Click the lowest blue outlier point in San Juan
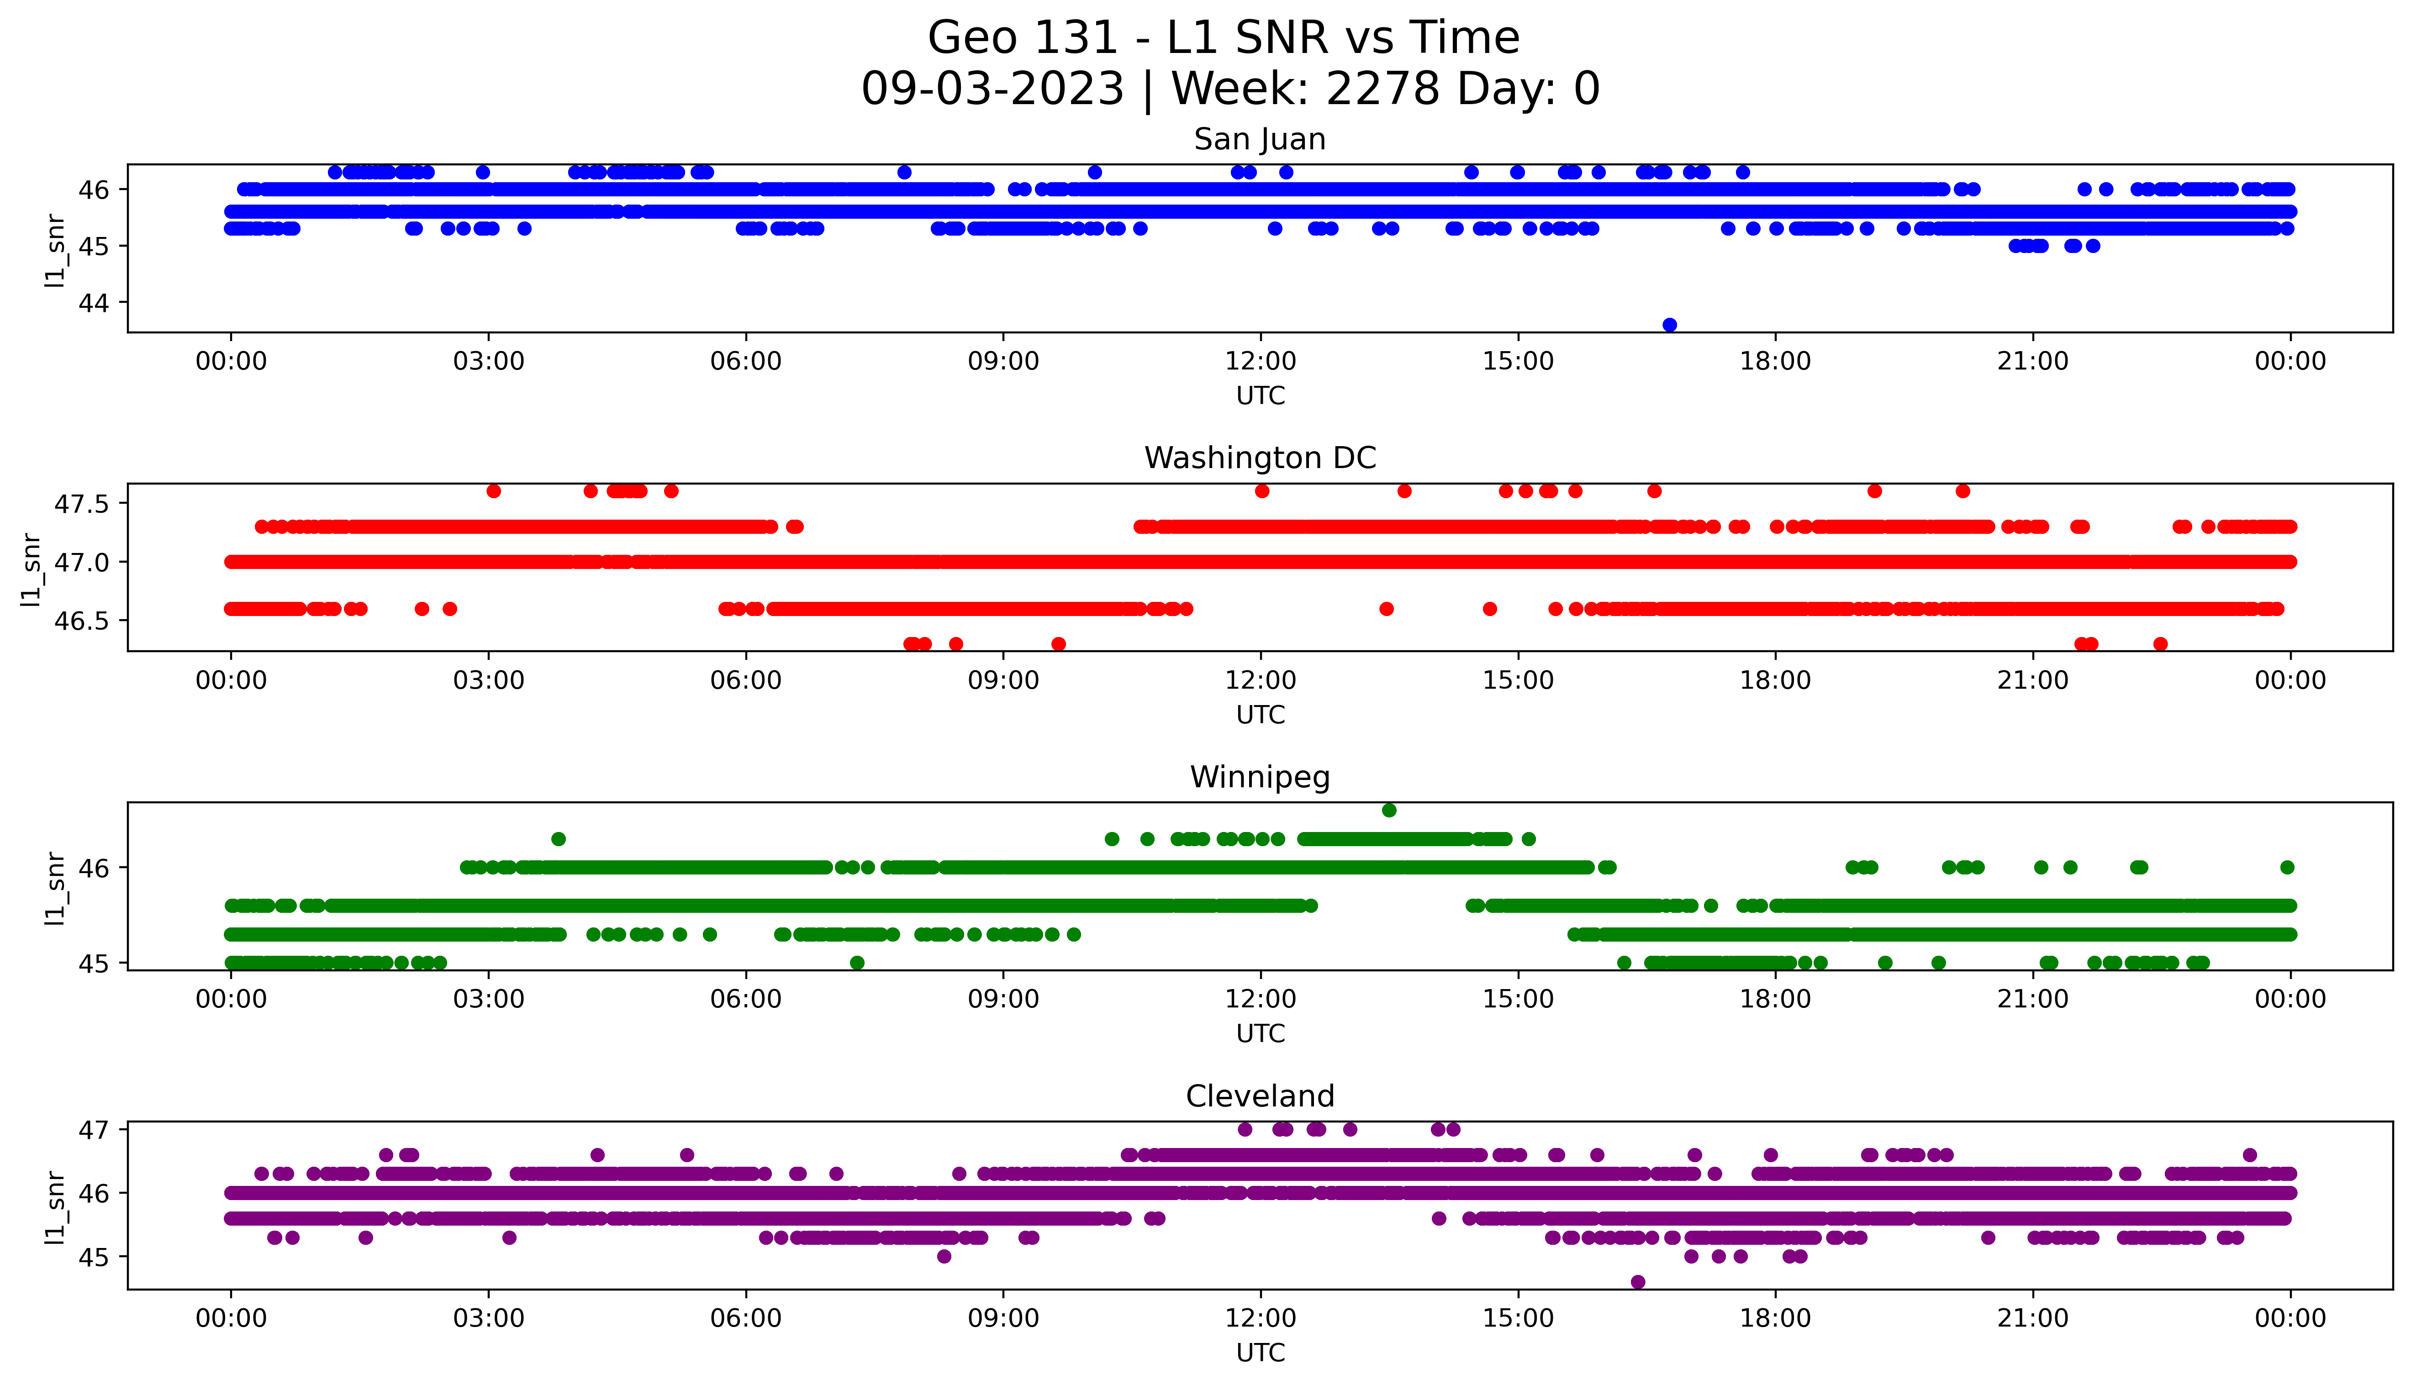click(1669, 324)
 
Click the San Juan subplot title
click(1259, 140)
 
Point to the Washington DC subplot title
click(1259, 458)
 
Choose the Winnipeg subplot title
click(1259, 777)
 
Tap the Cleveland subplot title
click(1259, 1097)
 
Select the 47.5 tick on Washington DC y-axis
click(82, 504)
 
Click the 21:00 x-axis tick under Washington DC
click(2032, 681)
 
